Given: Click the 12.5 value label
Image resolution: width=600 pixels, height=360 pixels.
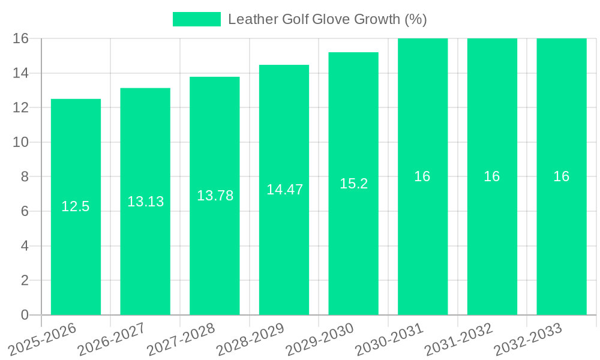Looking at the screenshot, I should (x=76, y=207).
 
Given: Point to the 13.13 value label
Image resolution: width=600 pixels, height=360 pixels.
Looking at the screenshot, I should (x=145, y=202).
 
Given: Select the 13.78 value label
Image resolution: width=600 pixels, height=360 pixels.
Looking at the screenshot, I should (x=215, y=196).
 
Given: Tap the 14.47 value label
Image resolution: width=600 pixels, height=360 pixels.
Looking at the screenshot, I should (x=284, y=190).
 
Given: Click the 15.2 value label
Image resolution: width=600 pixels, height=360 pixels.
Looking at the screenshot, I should (x=353, y=184).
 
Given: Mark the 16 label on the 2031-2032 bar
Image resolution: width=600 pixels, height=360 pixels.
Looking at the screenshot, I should (x=492, y=176).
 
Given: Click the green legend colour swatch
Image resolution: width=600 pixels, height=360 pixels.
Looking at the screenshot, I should (x=196, y=19).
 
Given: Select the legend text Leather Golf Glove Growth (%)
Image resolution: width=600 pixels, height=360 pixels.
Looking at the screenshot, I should (x=327, y=19).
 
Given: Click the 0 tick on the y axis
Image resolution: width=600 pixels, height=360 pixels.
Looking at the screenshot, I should (x=25, y=315).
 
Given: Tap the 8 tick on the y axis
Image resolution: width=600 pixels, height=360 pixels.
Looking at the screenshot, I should (x=25, y=177).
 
